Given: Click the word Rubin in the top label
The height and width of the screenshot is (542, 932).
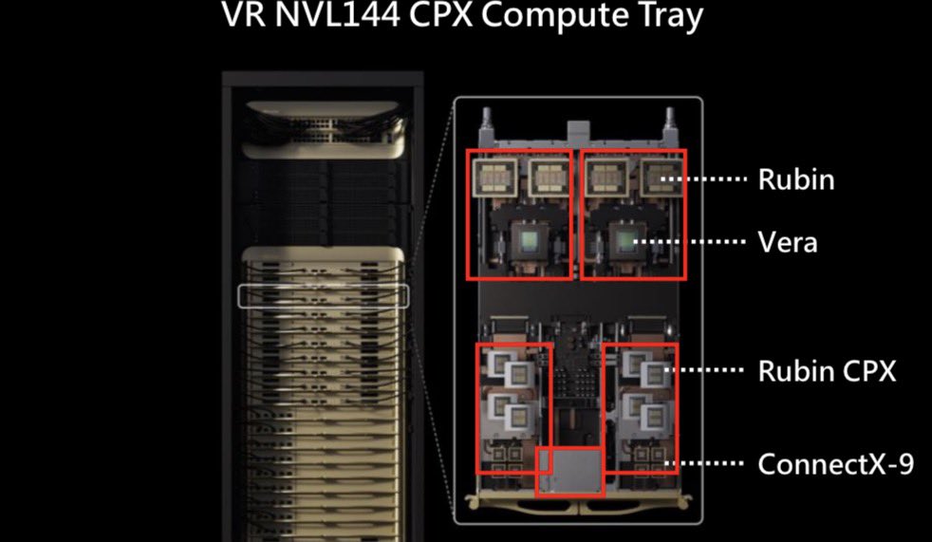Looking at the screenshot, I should click(x=795, y=179).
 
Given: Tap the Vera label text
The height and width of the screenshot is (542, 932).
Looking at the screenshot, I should click(x=787, y=242).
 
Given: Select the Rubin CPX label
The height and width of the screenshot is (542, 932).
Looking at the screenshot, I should click(x=826, y=371).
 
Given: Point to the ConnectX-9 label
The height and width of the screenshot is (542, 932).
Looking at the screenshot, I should click(x=835, y=464).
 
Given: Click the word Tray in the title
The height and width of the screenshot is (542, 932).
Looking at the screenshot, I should click(x=664, y=17).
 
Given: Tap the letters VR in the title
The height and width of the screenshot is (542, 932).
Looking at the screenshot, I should click(x=243, y=17).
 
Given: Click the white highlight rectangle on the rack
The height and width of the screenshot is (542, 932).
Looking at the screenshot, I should click(x=323, y=296).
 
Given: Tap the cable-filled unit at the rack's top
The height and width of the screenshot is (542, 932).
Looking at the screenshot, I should click(x=323, y=132).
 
